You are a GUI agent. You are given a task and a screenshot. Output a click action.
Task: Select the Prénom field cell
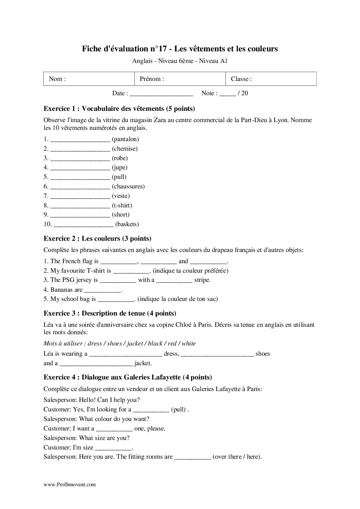(180, 79)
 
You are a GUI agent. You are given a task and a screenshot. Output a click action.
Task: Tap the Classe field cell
(271, 79)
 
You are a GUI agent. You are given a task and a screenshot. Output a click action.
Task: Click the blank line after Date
(161, 94)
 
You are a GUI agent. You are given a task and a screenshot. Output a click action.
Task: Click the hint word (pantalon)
(125, 139)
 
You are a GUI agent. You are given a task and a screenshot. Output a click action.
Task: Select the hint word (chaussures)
(128, 186)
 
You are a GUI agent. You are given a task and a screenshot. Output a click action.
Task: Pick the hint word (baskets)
(127, 224)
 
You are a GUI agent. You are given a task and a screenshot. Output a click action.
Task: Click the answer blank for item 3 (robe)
(80, 158)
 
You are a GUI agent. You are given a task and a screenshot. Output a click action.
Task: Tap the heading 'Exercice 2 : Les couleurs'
(97, 238)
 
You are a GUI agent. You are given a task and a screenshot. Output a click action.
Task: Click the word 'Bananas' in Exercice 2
(61, 290)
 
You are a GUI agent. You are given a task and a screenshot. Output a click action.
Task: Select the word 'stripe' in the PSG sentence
(202, 280)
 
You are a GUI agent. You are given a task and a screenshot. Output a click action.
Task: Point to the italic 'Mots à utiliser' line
(119, 343)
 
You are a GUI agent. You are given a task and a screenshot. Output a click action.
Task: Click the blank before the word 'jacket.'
(96, 363)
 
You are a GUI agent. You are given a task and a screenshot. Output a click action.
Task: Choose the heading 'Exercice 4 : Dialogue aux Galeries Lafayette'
(128, 377)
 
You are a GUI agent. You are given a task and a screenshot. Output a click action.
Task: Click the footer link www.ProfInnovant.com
(70, 485)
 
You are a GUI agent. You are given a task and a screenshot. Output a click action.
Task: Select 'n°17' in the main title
(157, 49)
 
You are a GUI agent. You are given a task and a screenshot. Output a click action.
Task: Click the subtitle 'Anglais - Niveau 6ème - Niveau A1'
(180, 62)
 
